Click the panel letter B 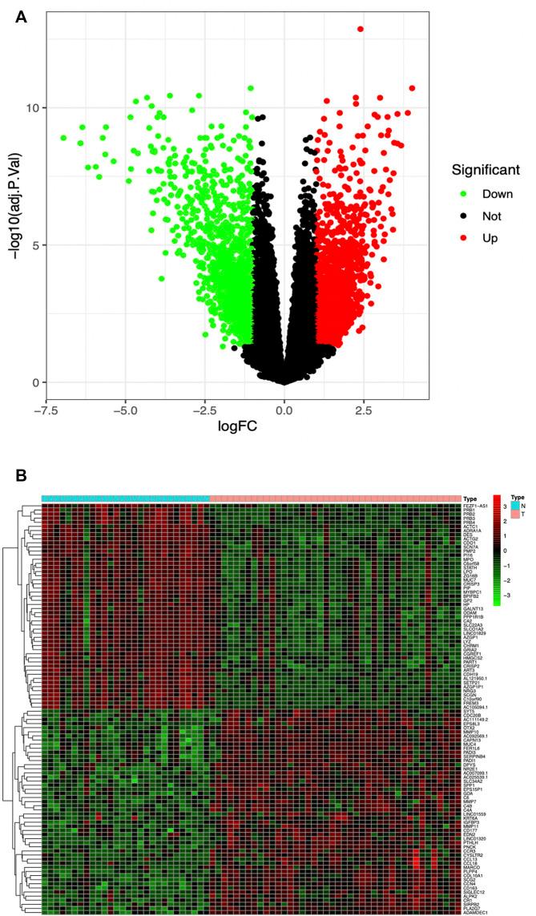(22, 475)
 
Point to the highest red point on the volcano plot (361, 29)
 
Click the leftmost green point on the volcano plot (63, 138)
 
